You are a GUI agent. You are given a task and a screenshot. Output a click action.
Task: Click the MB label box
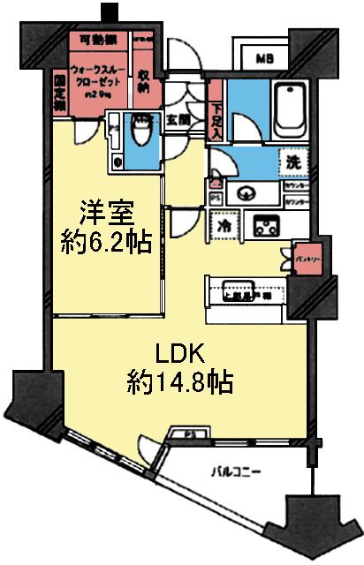point(264,59)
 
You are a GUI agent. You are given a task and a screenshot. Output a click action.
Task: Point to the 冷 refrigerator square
point(225,224)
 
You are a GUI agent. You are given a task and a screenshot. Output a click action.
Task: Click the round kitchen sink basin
point(245,192)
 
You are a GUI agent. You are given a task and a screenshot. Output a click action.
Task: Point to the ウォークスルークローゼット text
point(92,78)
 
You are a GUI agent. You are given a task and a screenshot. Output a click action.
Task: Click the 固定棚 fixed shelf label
point(59,91)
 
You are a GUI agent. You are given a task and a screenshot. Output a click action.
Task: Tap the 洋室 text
point(103,213)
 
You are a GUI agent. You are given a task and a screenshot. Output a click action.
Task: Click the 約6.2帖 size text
point(103,241)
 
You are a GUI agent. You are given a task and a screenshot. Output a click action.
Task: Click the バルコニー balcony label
point(239,472)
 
